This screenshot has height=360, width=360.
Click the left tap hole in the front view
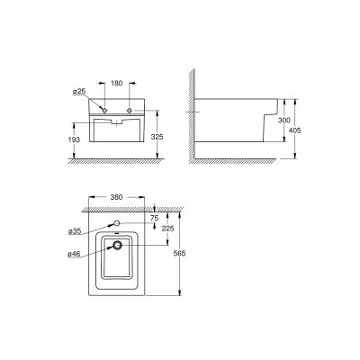coord(106,110)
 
